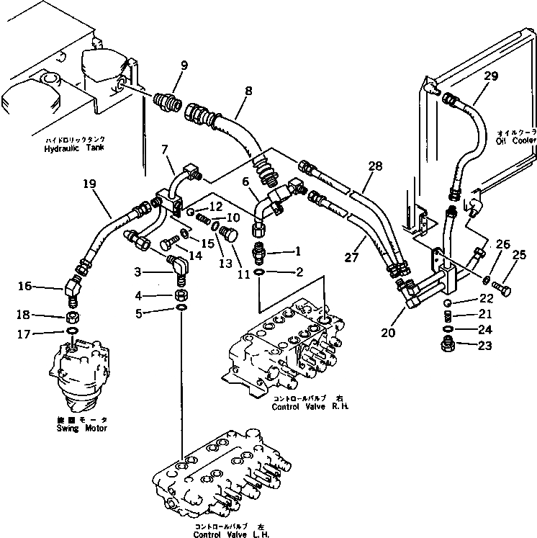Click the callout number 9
pyautogui.click(x=184, y=65)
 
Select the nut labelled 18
pyautogui.click(x=73, y=317)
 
